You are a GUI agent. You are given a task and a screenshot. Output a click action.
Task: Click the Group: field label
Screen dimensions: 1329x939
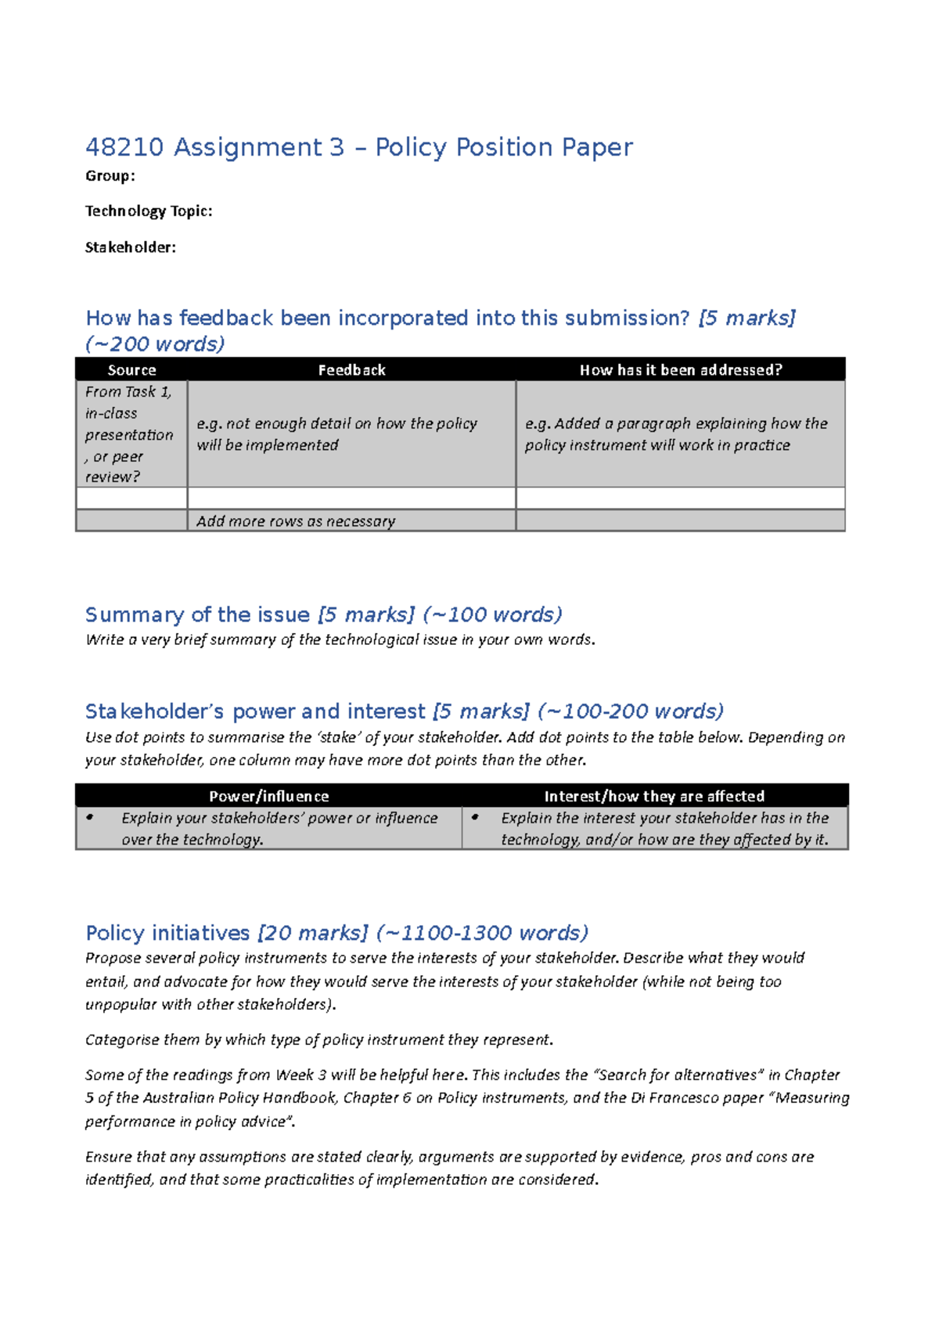pyautogui.click(x=110, y=176)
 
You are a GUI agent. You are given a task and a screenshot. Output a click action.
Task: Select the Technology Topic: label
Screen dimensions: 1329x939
pyautogui.click(x=149, y=211)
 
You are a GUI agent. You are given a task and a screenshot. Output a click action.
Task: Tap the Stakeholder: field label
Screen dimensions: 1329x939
pyautogui.click(x=130, y=247)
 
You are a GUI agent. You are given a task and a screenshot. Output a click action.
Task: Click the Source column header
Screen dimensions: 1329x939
pyautogui.click(x=131, y=370)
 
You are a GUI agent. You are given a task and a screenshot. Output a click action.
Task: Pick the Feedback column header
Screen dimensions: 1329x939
pyautogui.click(x=351, y=370)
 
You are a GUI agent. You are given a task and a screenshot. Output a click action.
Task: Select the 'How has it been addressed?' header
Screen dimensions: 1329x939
pyautogui.click(x=680, y=370)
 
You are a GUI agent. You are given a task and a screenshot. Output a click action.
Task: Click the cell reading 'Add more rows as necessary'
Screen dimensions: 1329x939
pyautogui.click(x=295, y=521)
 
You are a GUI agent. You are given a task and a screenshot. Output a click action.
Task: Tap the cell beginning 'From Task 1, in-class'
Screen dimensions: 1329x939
pyautogui.click(x=129, y=434)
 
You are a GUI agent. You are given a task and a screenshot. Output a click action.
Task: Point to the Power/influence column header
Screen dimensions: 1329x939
pyautogui.click(x=268, y=796)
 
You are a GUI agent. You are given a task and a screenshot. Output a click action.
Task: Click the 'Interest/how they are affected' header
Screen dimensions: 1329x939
pyautogui.click(x=654, y=796)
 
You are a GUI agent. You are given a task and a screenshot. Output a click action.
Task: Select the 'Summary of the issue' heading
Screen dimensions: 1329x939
pyautogui.click(x=197, y=615)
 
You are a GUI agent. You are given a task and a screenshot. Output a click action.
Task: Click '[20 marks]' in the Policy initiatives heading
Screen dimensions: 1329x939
pyautogui.click(x=312, y=933)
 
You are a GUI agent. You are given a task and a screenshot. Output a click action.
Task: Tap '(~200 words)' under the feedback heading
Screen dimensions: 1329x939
pyautogui.click(x=156, y=344)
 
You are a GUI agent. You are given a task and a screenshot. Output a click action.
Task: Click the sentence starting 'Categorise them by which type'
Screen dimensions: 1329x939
pyautogui.click(x=318, y=1040)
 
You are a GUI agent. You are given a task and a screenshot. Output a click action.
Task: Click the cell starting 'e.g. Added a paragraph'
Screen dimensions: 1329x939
pyautogui.click(x=675, y=434)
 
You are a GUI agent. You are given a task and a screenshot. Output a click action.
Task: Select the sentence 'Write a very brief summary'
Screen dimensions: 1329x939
pyautogui.click(x=340, y=640)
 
